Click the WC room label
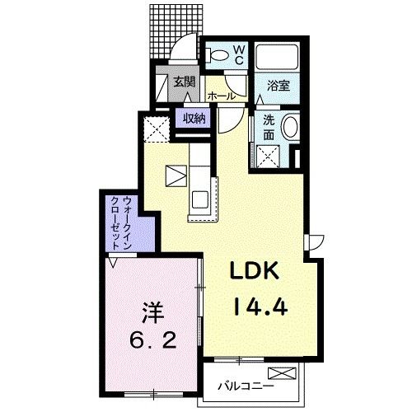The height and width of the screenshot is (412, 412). pyautogui.click(x=239, y=55)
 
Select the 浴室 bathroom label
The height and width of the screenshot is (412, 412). pyautogui.click(x=279, y=87)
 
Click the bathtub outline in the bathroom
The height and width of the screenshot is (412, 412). pyautogui.click(x=277, y=57)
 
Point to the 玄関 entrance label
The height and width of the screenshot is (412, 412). pyautogui.click(x=185, y=82)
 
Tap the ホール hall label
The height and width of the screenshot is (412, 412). pyautogui.click(x=222, y=96)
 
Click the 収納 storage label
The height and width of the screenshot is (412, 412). pyautogui.click(x=194, y=119)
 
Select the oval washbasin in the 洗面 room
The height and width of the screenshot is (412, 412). pyautogui.click(x=290, y=127)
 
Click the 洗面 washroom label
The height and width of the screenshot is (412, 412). pyautogui.click(x=269, y=128)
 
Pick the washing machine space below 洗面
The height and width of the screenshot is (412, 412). pyautogui.click(x=268, y=157)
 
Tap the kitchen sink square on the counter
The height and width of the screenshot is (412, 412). pyautogui.click(x=200, y=199)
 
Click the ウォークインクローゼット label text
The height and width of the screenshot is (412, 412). pyautogui.click(x=121, y=222)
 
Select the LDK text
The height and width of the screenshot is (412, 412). pyautogui.click(x=255, y=270)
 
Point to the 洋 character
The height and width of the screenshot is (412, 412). pyautogui.click(x=153, y=312)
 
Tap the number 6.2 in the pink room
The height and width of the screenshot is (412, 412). pyautogui.click(x=152, y=341)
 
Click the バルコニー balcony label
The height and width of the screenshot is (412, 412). pyautogui.click(x=246, y=386)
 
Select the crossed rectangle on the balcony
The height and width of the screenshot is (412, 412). pyautogui.click(x=283, y=373)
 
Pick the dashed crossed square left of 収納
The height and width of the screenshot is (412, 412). pyautogui.click(x=157, y=129)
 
